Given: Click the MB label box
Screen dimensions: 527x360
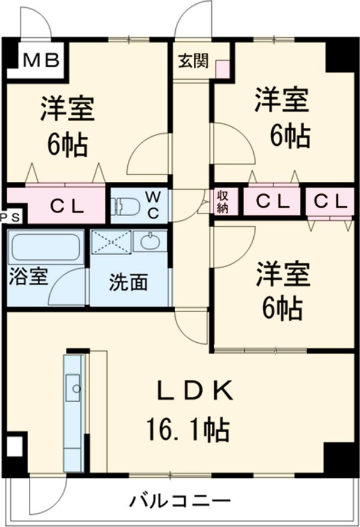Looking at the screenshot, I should point(41,60).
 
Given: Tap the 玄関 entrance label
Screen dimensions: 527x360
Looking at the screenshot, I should point(193,60).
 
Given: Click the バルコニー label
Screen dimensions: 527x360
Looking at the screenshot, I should point(180,500).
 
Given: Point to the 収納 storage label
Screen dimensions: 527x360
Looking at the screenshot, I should point(223,201).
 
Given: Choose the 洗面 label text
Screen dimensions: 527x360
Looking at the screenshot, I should point(128,282).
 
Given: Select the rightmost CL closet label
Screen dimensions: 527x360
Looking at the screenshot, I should point(329,201).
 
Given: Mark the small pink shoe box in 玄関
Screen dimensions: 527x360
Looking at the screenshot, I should point(223,69).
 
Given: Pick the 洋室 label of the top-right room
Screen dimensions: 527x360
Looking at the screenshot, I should point(282,100).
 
